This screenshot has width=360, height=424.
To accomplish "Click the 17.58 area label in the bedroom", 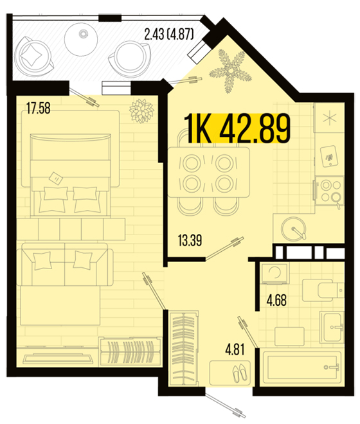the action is click(39, 108).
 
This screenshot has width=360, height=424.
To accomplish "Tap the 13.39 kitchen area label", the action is click(190, 240).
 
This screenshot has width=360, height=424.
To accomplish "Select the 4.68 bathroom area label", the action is click(276, 300).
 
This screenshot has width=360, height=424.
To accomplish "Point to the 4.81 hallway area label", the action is click(235, 349).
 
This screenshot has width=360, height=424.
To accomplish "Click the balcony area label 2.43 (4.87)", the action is click(169, 35).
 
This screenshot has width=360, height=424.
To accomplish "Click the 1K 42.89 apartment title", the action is click(237, 128).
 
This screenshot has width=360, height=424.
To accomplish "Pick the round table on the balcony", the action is click(80, 39).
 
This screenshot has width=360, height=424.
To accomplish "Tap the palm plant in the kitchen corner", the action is click(230, 71).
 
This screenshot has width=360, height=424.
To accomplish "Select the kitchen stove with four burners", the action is click(329, 191).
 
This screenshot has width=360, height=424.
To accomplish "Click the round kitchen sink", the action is click(294, 229).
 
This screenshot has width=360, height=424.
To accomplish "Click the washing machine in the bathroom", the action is click(274, 273).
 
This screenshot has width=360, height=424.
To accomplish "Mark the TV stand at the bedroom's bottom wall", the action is click(58, 358).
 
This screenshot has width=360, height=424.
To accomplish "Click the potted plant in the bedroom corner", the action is click(141, 110).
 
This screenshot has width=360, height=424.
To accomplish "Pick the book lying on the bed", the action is click(56, 178).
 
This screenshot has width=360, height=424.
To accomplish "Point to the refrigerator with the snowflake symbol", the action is click(329, 118).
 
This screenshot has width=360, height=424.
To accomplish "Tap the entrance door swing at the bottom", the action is click(225, 404).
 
